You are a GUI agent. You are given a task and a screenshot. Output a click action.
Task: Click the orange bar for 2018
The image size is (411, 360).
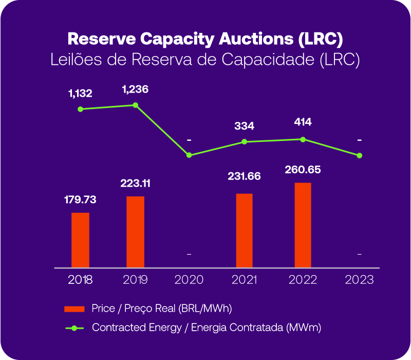pyautogui.click(x=80, y=240)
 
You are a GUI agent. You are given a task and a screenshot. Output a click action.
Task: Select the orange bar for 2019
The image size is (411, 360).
pyautogui.click(x=136, y=231)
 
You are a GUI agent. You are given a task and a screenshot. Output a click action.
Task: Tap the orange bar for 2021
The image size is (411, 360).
pyautogui.click(x=244, y=230)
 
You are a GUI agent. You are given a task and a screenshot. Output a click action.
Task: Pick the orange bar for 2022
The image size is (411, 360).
pyautogui.click(x=303, y=225)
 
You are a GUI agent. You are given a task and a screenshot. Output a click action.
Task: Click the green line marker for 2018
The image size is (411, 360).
pyautogui.click(x=81, y=109)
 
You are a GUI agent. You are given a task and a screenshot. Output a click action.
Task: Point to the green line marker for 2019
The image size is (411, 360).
pyautogui.click(x=136, y=105)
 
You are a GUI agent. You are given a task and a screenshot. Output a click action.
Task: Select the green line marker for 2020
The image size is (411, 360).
pyautogui.click(x=189, y=155)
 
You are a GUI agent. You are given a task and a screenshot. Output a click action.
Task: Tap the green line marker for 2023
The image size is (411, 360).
pyautogui.click(x=360, y=155)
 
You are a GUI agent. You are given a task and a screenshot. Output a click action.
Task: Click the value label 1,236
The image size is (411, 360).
pyautogui.click(x=135, y=89)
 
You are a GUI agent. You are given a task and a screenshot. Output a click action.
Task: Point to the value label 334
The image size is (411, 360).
pyautogui.click(x=244, y=126)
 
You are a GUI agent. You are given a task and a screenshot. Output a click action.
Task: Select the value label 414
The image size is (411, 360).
pyautogui.click(x=303, y=122)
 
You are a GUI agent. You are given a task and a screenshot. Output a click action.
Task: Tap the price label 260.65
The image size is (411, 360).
pyautogui.click(x=303, y=169)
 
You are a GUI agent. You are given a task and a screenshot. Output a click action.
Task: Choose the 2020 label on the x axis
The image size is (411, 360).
pyautogui.click(x=189, y=280)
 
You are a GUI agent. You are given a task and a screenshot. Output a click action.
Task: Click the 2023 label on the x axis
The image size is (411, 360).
pyautogui.click(x=360, y=280)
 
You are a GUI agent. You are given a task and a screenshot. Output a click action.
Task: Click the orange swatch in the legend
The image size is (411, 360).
pyautogui.click(x=74, y=309)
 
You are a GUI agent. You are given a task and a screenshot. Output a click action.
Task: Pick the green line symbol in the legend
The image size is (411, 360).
pyautogui.click(x=74, y=328)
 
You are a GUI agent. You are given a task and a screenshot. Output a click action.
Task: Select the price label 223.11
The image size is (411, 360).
pyautogui.click(x=136, y=183)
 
